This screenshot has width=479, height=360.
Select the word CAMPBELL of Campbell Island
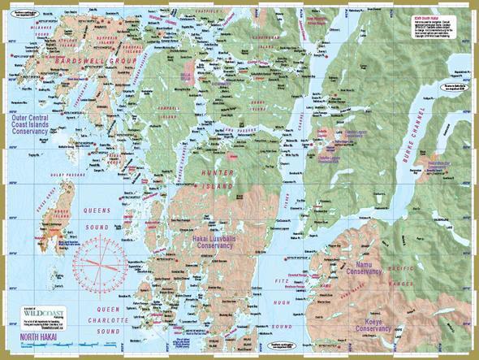pos(167,107)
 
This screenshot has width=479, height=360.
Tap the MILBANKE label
pos(37,24)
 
